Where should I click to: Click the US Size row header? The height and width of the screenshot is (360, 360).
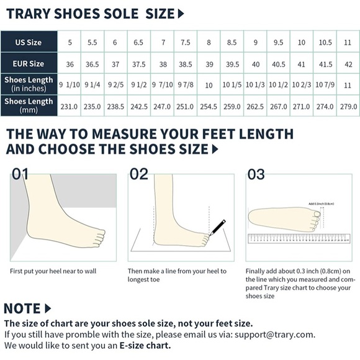pos(29,42)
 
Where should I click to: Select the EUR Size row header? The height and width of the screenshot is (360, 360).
pos(29,63)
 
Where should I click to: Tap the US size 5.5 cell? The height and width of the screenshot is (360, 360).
pos(92,42)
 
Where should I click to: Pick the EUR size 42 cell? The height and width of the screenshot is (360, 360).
pos(348,63)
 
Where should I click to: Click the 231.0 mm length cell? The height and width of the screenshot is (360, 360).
pos(69,106)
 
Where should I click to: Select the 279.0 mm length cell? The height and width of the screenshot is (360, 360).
pos(348,106)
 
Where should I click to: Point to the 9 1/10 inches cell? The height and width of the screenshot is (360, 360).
pos(69,84)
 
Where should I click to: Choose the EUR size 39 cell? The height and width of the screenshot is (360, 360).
pos(209,63)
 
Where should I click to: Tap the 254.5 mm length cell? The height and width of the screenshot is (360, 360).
pos(209,106)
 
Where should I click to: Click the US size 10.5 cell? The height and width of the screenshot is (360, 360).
pos(325,42)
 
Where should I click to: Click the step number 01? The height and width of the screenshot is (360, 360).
pos(20,174)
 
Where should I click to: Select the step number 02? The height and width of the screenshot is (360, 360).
pos(139,174)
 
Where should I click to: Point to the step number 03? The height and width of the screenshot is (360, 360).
pos(256,174)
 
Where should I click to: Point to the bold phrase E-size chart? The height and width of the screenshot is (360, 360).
pos(145,345)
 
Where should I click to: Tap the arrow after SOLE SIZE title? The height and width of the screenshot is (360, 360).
pos(181,13)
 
